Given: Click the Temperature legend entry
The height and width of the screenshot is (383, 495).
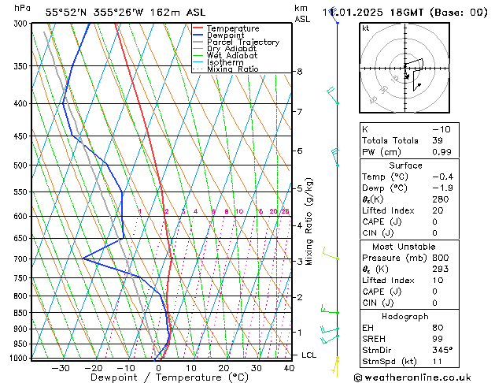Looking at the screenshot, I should pyautogui.click(x=232, y=28).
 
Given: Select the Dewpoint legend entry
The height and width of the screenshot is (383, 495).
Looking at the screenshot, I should pyautogui.click(x=227, y=35).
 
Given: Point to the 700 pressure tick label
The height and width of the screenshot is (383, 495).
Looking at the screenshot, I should pyautogui.click(x=22, y=258).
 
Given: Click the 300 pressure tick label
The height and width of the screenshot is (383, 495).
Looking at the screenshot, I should pyautogui.click(x=22, y=24).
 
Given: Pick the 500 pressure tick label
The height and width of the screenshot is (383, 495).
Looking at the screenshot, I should pyautogui.click(x=22, y=165).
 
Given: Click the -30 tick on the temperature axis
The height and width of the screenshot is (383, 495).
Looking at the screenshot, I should pyautogui.click(x=61, y=368).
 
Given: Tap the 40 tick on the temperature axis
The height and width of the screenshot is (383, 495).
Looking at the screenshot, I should pyautogui.click(x=290, y=368).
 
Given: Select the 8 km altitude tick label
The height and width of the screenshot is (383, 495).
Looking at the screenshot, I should pyautogui.click(x=300, y=72).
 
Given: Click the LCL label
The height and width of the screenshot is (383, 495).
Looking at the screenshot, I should pyautogui.click(x=309, y=355).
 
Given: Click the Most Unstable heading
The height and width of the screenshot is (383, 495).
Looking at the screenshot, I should pyautogui.click(x=405, y=246).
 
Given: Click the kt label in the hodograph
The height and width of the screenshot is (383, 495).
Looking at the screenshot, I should pyautogui.click(x=366, y=28).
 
